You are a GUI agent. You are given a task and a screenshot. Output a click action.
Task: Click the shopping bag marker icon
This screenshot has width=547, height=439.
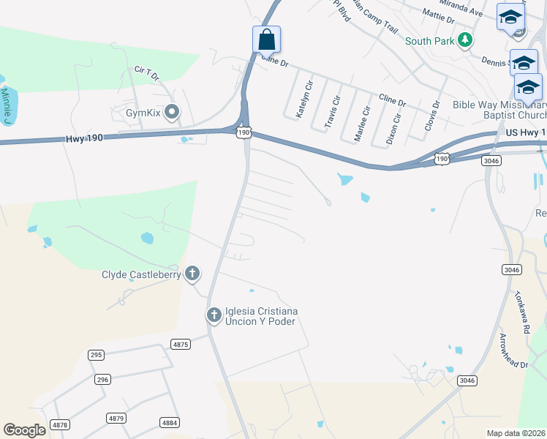267,39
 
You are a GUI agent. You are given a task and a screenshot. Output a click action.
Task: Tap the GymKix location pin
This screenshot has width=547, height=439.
172,112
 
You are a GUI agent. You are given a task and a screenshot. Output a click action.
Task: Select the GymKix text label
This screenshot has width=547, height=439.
143,113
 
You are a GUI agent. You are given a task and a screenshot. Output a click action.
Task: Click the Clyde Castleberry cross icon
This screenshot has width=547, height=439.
192,274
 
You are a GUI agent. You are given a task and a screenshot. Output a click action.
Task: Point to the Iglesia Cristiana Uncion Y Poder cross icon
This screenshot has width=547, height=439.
214,315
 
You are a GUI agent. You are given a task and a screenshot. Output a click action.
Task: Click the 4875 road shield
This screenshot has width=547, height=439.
181,344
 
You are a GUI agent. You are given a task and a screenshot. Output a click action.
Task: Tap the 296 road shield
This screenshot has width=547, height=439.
102,380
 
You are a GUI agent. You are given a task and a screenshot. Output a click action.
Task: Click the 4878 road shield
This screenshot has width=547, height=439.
60,424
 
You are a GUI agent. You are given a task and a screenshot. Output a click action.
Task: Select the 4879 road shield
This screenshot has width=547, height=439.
116,418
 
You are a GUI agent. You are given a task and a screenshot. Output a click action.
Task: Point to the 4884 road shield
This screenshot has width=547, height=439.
170,422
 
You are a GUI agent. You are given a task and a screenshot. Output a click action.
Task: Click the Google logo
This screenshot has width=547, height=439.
24,430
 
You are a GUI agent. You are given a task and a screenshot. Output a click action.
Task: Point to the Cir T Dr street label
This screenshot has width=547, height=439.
146,72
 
